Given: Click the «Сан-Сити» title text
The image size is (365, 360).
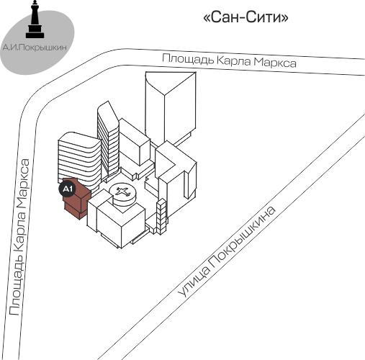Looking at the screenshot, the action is [245, 17].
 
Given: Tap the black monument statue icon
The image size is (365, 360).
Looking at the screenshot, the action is [35, 19].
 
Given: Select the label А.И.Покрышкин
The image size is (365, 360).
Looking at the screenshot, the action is [35, 48].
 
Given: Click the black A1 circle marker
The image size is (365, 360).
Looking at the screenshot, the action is [68, 189].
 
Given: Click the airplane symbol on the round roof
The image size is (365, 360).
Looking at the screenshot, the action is [122, 192].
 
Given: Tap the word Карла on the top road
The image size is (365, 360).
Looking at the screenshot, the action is [233, 60].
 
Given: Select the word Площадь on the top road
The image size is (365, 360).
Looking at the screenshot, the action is [188, 59].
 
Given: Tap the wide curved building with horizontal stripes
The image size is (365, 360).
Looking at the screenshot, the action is [79, 159].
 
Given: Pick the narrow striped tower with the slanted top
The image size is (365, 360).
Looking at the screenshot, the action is [108, 140].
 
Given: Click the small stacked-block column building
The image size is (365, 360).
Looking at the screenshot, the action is [161, 217].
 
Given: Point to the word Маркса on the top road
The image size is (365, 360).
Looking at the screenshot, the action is [275, 63].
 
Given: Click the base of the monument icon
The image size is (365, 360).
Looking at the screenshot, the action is [35, 35].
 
